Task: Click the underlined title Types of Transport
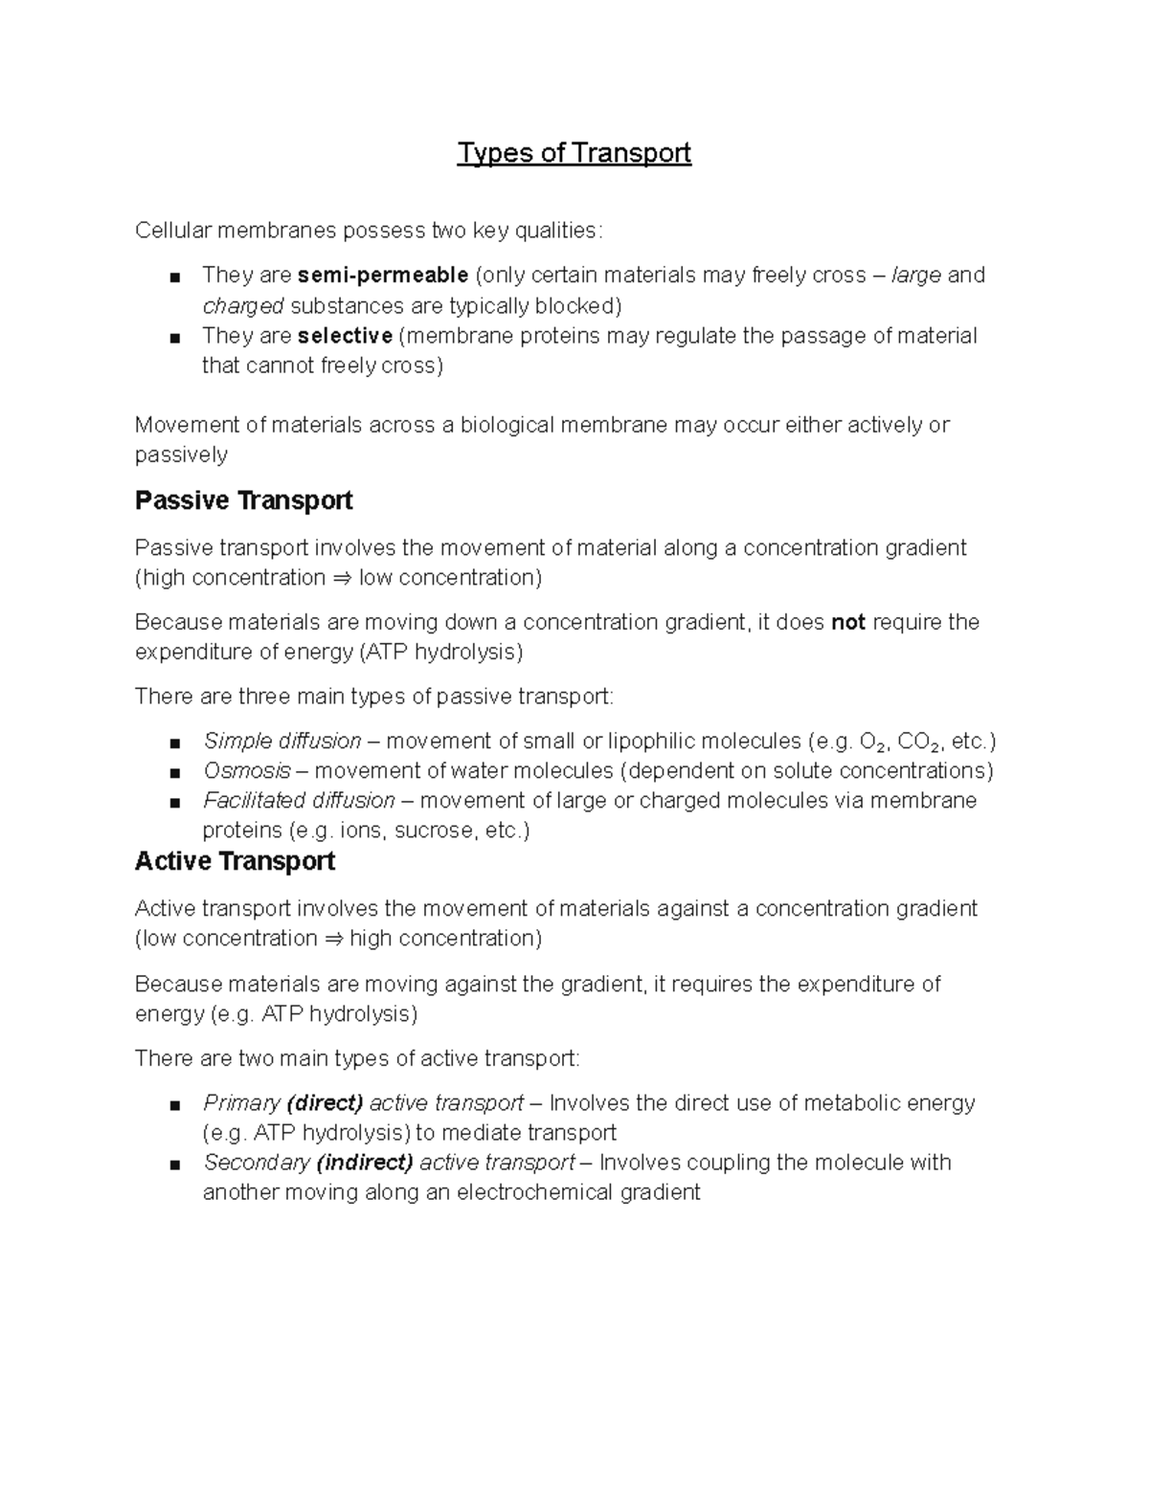(x=574, y=153)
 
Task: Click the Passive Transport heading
(x=243, y=500)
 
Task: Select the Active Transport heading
(x=235, y=861)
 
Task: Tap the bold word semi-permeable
(x=383, y=276)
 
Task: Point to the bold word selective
(x=345, y=336)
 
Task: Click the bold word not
(x=848, y=623)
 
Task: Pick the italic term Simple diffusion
(x=282, y=742)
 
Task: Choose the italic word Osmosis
(x=246, y=771)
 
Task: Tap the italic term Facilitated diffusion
(x=299, y=801)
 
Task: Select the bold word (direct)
(x=325, y=1103)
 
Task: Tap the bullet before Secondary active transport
(x=174, y=1164)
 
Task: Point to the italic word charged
(x=242, y=306)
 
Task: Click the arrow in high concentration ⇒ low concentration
(x=342, y=578)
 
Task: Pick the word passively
(x=181, y=455)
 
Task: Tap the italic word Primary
(x=241, y=1103)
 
